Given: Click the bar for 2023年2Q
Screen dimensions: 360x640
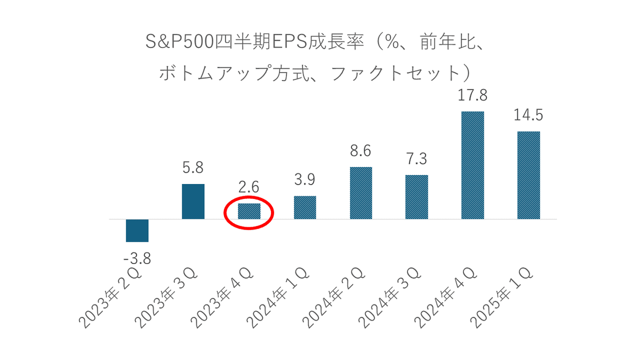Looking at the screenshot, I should [137, 230].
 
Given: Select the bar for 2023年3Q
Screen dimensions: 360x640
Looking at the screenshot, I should [193, 202].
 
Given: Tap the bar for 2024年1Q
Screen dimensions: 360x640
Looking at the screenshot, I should [305, 207].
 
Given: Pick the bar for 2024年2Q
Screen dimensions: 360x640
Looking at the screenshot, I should [361, 193].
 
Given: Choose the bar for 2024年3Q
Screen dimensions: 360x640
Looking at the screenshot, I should [417, 197].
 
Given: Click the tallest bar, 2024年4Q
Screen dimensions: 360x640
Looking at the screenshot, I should [473, 165].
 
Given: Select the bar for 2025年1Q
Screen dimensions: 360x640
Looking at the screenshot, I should [529, 175].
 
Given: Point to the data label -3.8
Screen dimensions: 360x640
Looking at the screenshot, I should [137, 260].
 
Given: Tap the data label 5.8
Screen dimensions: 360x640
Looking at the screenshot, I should [193, 168].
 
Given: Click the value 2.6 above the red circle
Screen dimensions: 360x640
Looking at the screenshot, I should [249, 187].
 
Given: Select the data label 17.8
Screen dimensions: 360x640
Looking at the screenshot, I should [473, 96].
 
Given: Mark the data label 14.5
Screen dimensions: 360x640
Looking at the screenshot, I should [529, 115].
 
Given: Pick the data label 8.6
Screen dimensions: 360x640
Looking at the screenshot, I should [361, 151].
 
